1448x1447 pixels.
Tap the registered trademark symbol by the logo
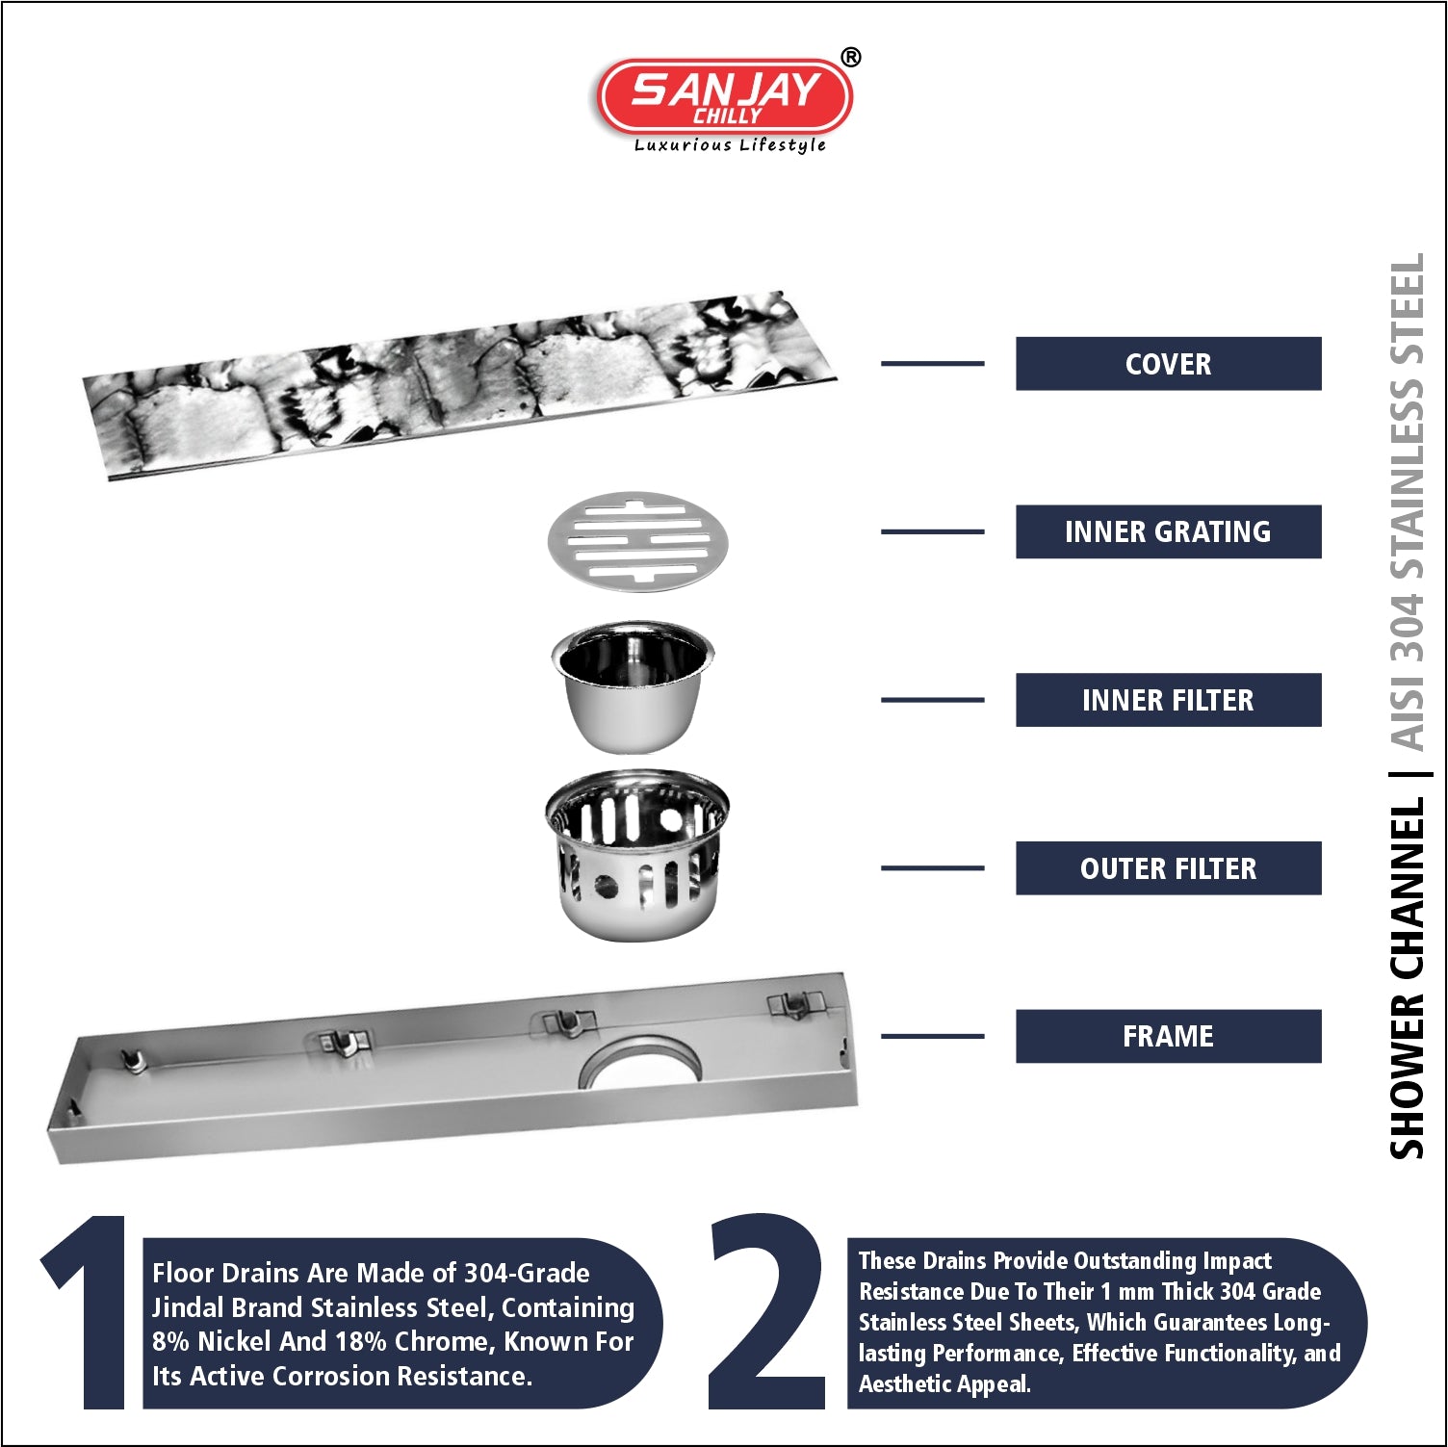[851, 58]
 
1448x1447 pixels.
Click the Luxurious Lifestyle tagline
[730, 145]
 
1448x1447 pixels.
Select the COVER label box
[1168, 364]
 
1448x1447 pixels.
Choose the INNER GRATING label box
[1168, 531]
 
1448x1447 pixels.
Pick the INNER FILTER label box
[1168, 700]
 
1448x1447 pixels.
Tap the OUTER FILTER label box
[1168, 868]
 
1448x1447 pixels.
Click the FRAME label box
[1168, 1036]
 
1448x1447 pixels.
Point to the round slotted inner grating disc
[637, 541]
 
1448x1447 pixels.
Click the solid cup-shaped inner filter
[633, 685]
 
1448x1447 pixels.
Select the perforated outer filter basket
[637, 854]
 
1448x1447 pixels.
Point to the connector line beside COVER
[932, 364]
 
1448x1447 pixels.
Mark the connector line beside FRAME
[932, 1036]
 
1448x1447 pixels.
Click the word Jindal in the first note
[189, 1307]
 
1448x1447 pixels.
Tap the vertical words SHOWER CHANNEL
[1407, 978]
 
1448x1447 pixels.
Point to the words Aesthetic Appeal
[944, 1384]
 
